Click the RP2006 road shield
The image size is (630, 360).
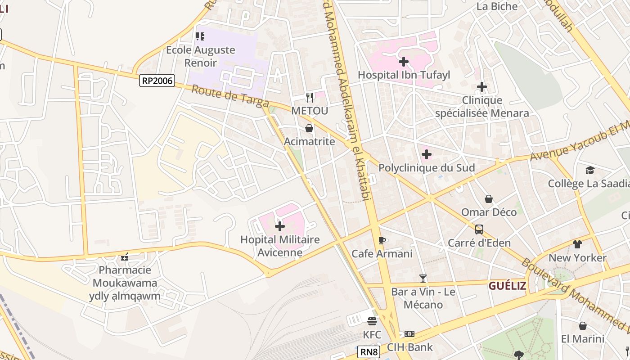point(157,81)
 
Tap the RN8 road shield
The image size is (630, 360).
point(369,351)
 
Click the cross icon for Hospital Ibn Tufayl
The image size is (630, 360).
point(404,62)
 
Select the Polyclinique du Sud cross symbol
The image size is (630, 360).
point(426,155)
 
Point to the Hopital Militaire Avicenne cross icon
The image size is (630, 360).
point(279,226)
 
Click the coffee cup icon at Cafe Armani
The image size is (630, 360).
point(382,240)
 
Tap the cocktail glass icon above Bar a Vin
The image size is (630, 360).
point(423,279)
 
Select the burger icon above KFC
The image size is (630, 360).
point(372,321)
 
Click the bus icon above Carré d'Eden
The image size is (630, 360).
point(479,229)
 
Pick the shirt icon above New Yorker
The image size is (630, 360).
point(577,244)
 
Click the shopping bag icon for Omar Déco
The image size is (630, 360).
point(489,199)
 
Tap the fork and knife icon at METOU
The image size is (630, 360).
point(309,97)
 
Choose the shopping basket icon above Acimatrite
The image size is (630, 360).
point(309,129)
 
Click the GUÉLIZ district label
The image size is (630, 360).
point(507,286)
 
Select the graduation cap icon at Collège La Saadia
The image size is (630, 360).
point(590,170)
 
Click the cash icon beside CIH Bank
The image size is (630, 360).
point(409,334)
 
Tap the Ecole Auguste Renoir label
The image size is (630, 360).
point(201,56)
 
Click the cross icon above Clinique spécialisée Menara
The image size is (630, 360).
point(482,86)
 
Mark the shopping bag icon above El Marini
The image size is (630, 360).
point(582,325)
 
